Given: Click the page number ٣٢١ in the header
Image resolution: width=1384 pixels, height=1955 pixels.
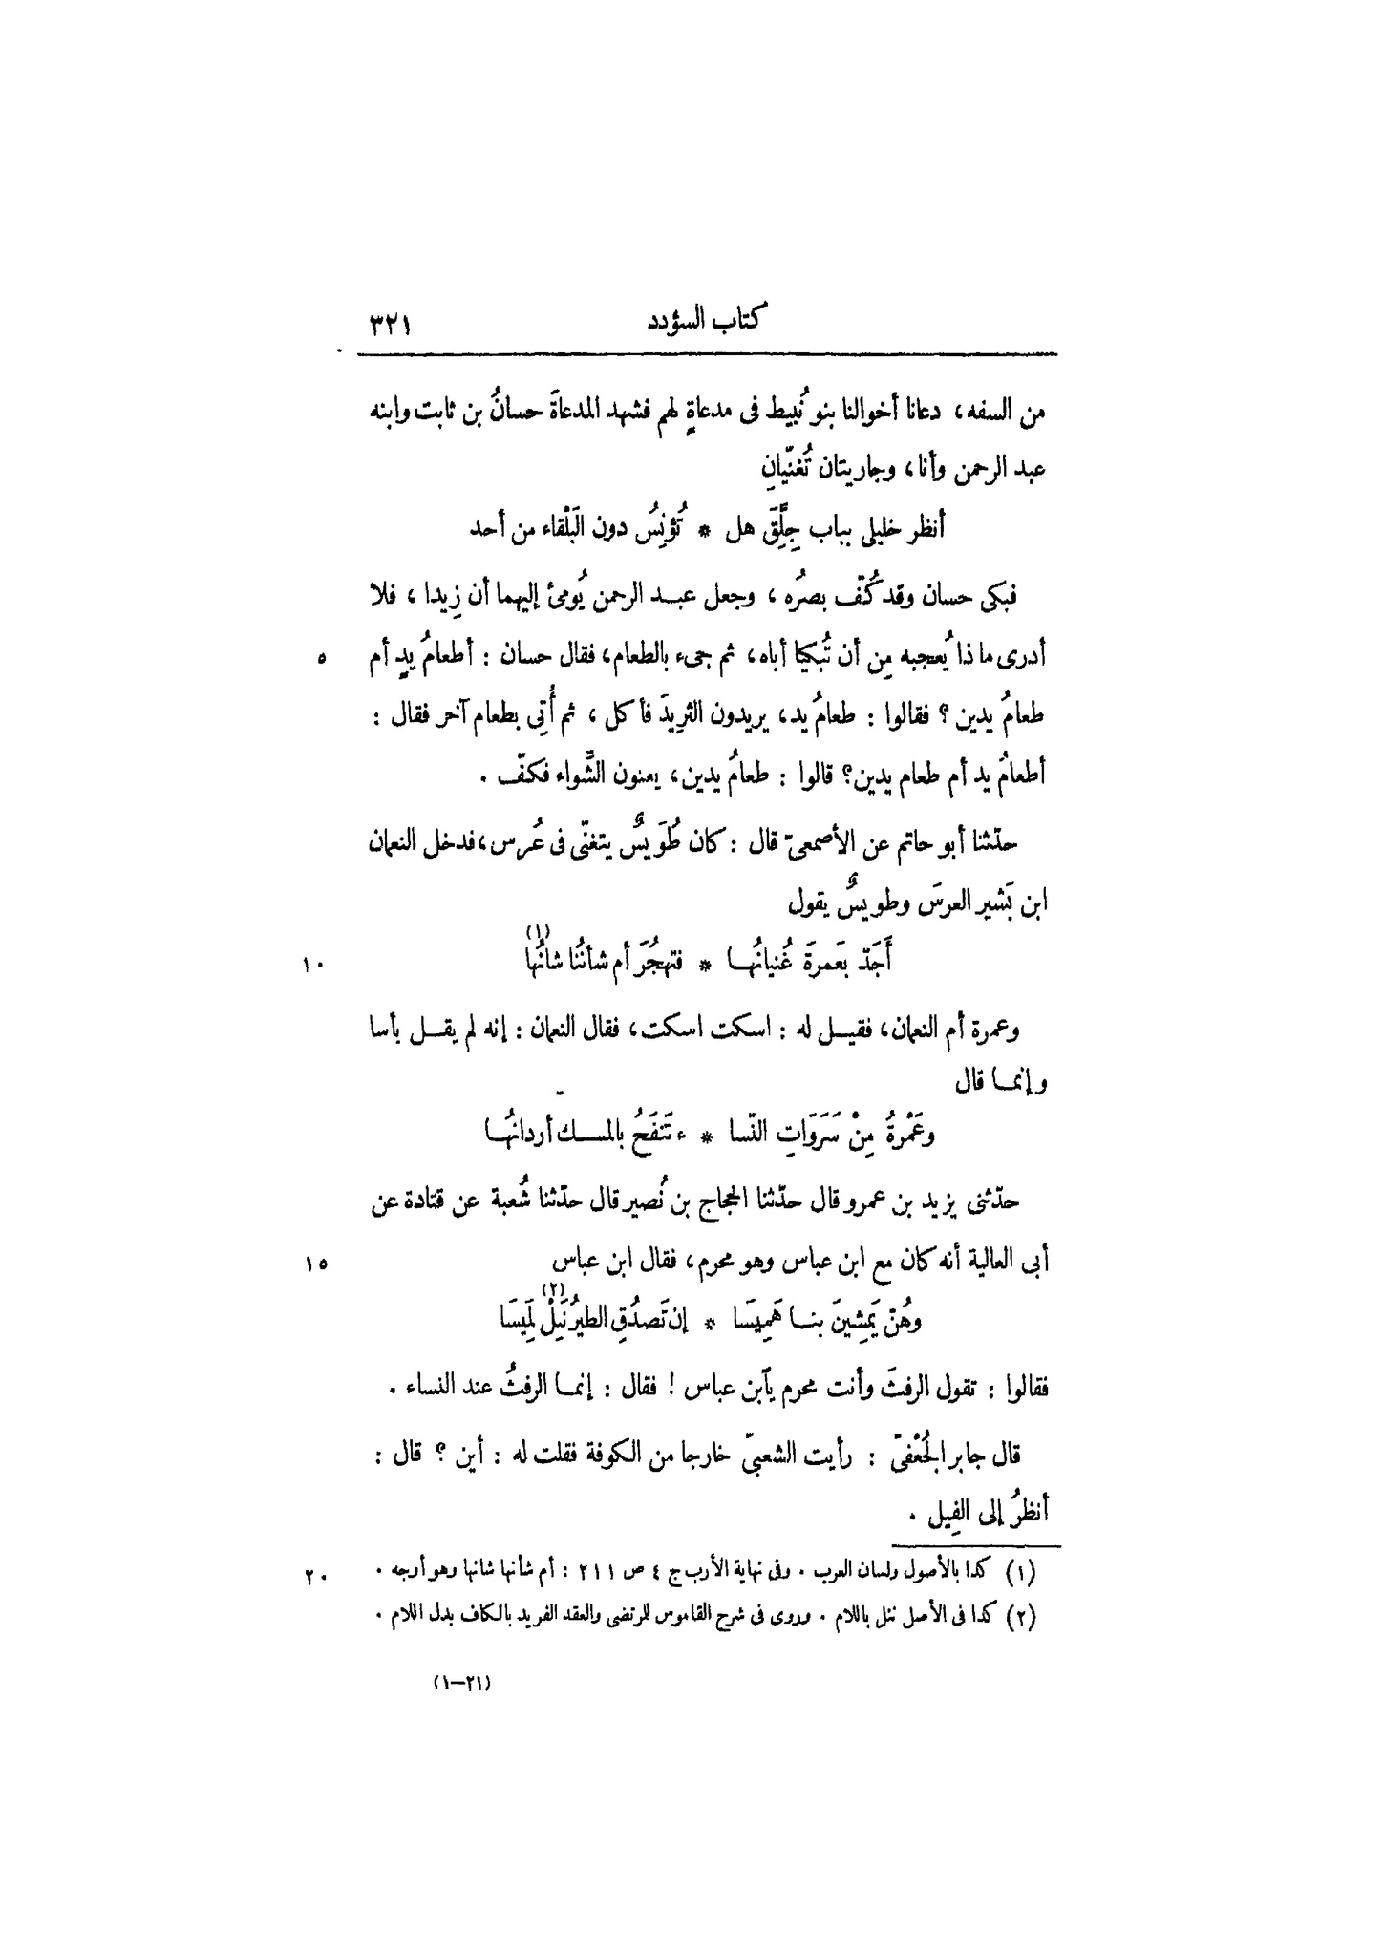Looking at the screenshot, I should (x=389, y=326).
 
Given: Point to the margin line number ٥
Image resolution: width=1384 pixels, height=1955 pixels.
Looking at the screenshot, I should (x=321, y=658).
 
